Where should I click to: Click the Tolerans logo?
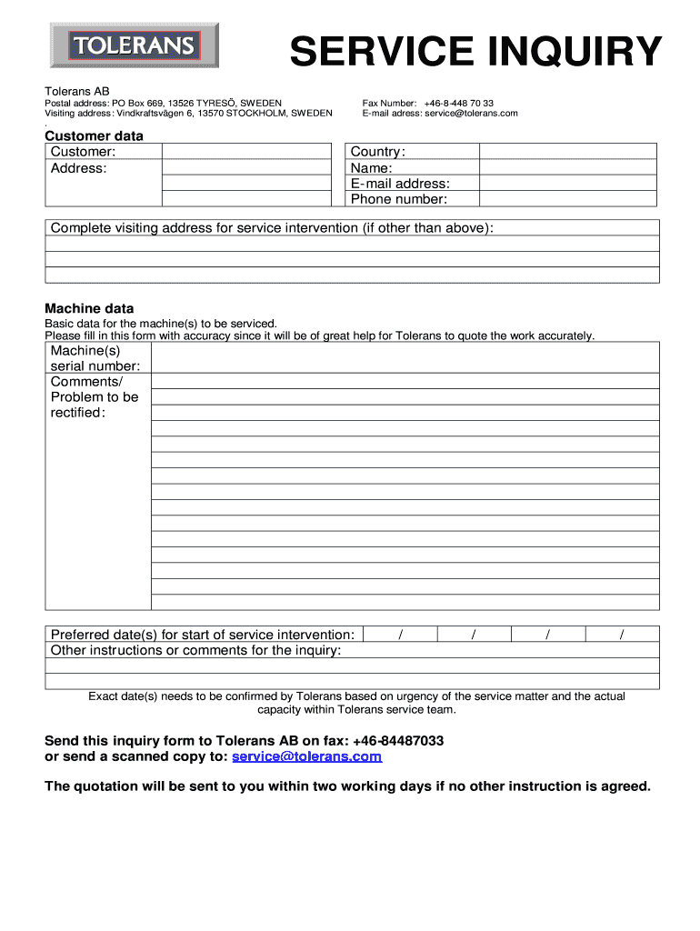click(x=133, y=45)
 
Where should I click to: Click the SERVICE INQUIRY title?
click(x=476, y=52)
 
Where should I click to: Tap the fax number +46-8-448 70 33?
click(x=458, y=104)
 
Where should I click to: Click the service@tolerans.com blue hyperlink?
click(x=306, y=756)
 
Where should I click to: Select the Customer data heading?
click(x=95, y=135)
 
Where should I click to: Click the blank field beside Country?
click(x=567, y=151)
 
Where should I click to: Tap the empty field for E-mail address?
click(x=567, y=183)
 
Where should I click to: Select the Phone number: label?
click(x=399, y=199)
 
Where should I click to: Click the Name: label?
click(x=371, y=167)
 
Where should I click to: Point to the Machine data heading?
click(x=89, y=308)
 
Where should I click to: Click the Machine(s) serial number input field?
click(x=405, y=357)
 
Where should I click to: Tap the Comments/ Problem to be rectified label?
click(x=95, y=397)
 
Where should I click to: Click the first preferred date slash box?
click(x=400, y=635)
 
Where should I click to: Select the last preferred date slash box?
click(x=622, y=635)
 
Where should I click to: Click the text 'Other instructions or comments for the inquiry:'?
click(x=196, y=650)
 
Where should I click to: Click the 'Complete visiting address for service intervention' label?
click(x=272, y=227)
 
